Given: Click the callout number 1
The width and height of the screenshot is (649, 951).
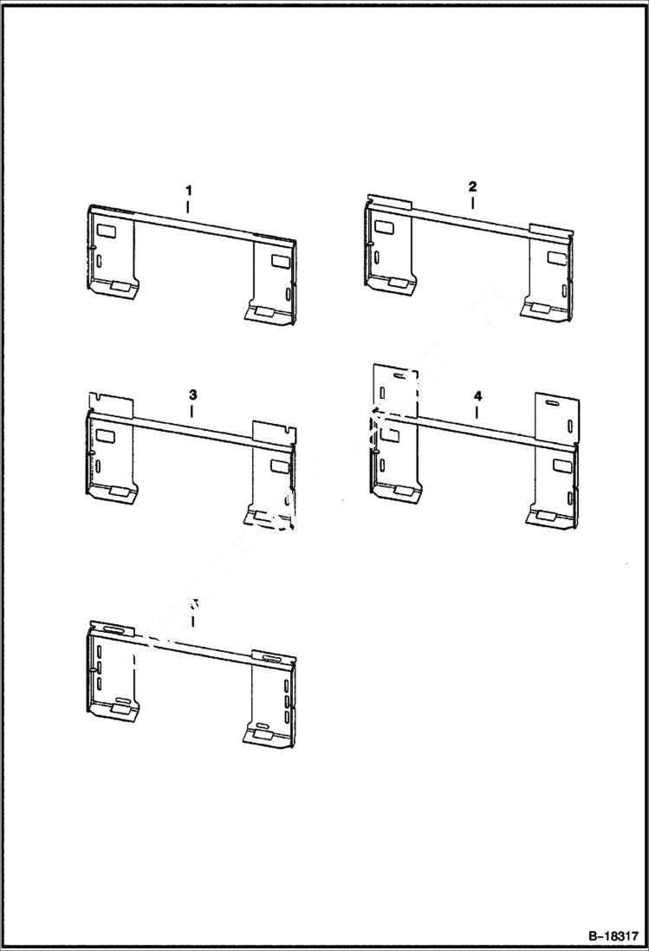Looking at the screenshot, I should [x=188, y=190].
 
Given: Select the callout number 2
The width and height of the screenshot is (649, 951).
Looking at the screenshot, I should [x=472, y=186].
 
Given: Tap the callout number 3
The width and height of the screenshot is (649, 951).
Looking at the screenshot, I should [x=192, y=394].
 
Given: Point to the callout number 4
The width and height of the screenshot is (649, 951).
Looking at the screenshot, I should [x=477, y=395].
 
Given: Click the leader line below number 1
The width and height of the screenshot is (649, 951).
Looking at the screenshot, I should [x=188, y=206].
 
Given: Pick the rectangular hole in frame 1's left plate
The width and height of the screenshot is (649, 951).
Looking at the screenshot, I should [x=107, y=231].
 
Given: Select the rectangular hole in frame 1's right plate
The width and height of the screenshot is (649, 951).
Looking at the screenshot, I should [x=281, y=260].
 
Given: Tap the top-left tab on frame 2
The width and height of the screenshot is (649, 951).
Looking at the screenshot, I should [x=387, y=202].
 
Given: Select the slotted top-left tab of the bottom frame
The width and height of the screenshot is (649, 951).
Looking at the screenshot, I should [x=111, y=627].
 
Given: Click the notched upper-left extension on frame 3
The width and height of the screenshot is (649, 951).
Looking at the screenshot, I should [x=111, y=404].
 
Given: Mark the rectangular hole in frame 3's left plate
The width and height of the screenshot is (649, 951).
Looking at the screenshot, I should [x=107, y=436].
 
